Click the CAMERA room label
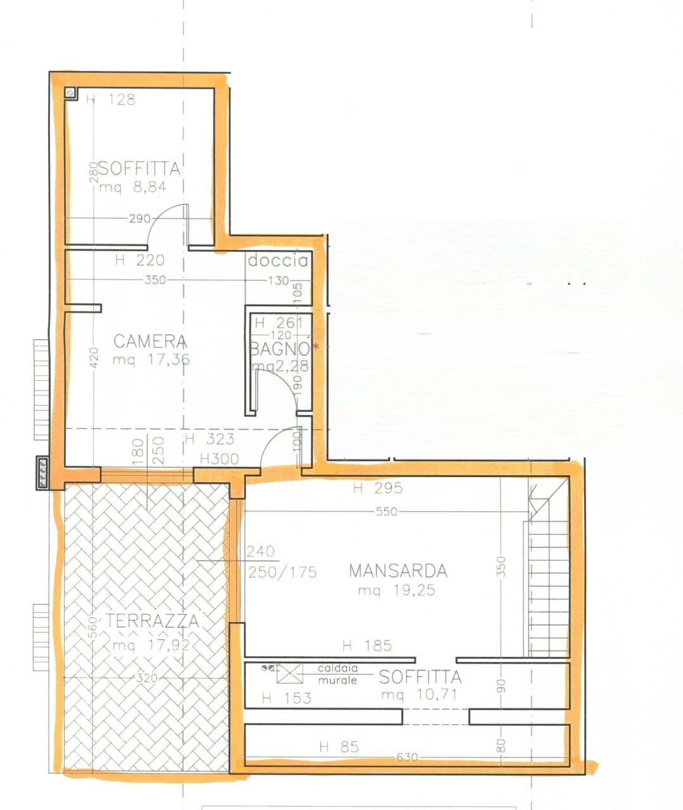[150, 342]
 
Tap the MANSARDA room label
[398, 571]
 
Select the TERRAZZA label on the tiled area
[153, 621]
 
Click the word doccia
[278, 261]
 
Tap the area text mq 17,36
[151, 360]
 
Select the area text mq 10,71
[419, 695]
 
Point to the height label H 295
[378, 489]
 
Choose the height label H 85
[339, 747]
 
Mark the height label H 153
[286, 699]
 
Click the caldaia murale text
[337, 675]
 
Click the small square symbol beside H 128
[71, 94]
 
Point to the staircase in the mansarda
[547, 570]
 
